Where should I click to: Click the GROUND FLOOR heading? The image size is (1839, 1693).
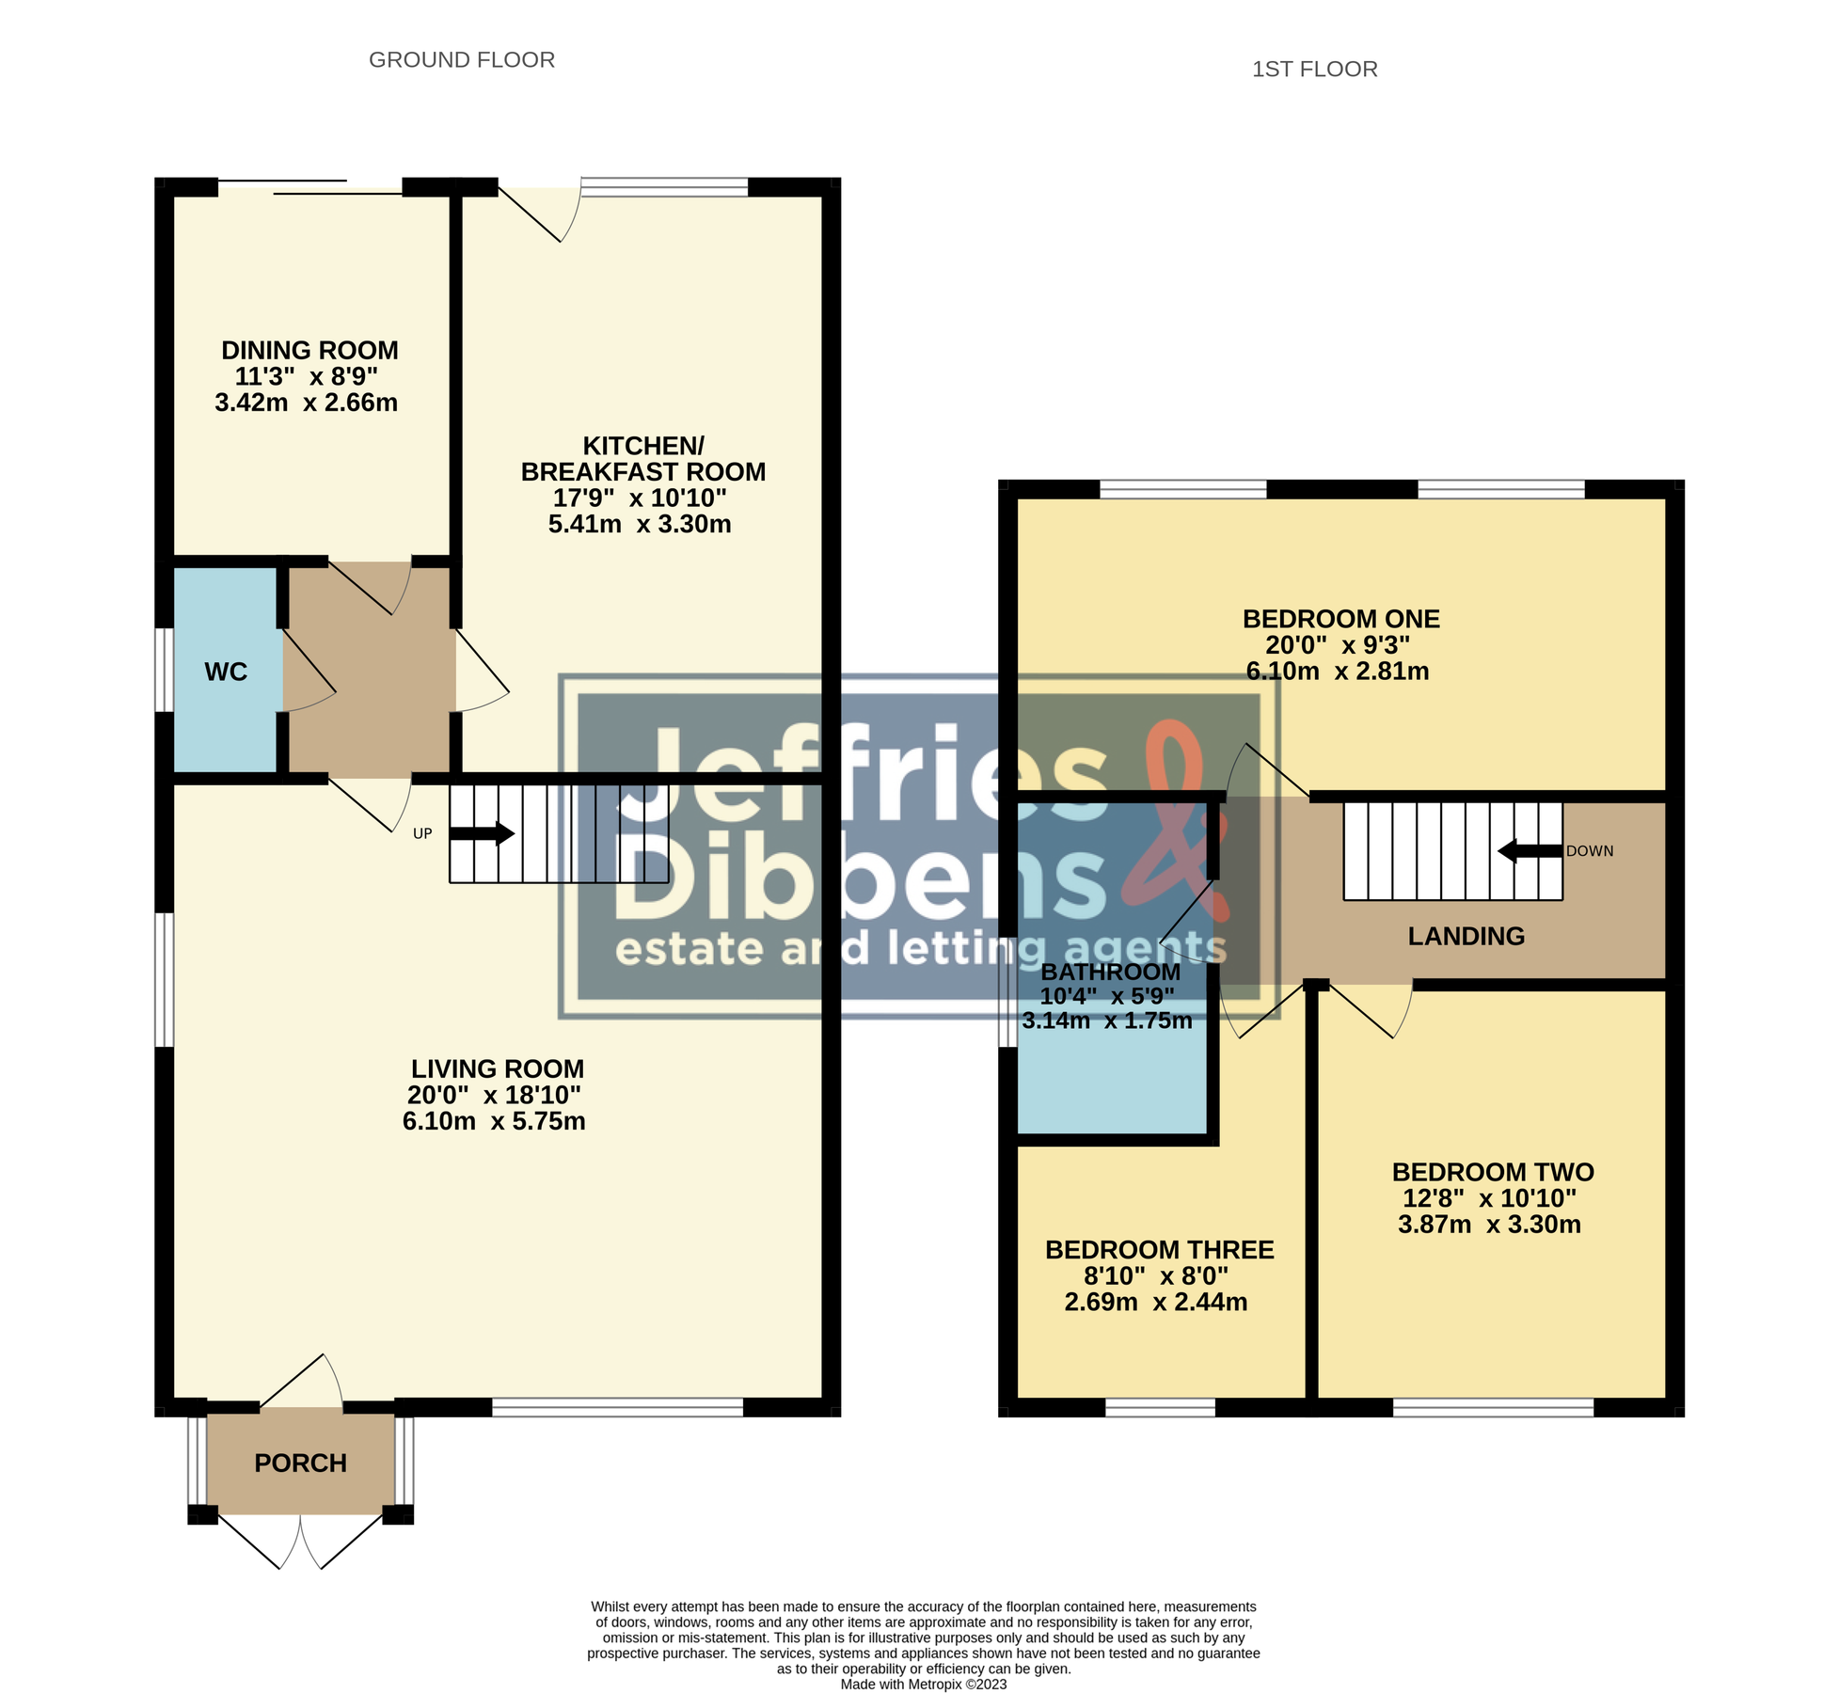click(x=462, y=60)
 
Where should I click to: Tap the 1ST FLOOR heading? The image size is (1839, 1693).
click(x=1314, y=70)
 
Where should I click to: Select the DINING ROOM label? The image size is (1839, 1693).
click(x=309, y=351)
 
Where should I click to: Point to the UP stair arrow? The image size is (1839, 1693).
click(x=482, y=833)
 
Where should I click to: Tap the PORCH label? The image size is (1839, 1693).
click(x=301, y=1463)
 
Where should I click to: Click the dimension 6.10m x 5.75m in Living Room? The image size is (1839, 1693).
click(x=494, y=1121)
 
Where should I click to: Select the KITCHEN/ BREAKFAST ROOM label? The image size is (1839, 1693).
click(x=643, y=459)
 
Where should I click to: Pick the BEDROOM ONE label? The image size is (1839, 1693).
click(x=1340, y=619)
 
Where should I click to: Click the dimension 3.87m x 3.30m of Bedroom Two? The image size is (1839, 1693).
click(x=1489, y=1225)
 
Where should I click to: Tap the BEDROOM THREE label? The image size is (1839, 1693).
click(x=1159, y=1250)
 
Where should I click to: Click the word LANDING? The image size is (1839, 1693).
click(x=1466, y=936)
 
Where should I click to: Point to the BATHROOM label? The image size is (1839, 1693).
click(x=1110, y=972)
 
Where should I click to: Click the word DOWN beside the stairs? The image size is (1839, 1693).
click(x=1590, y=851)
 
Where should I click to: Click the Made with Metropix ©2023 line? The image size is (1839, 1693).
click(x=923, y=1684)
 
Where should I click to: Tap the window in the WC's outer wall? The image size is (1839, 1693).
click(x=163, y=670)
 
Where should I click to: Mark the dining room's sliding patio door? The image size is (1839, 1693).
click(x=310, y=187)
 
